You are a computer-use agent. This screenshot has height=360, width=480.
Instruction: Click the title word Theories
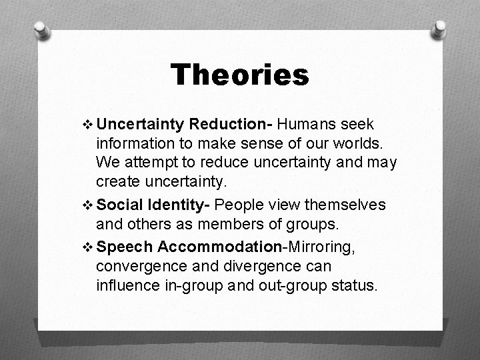(x=239, y=75)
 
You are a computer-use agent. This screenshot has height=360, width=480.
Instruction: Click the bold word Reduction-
(x=231, y=124)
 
